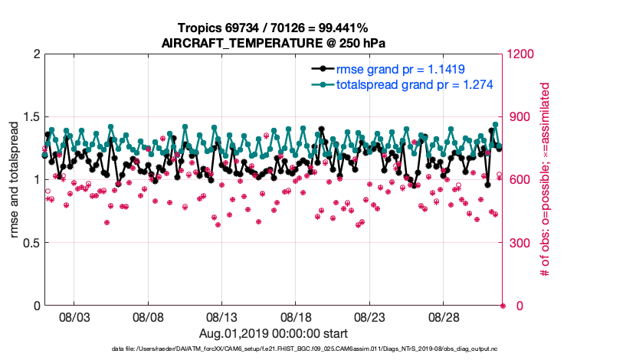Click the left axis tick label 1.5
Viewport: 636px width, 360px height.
pos(29,116)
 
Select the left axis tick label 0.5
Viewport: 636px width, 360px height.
pos(29,243)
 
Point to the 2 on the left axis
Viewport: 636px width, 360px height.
pos(35,54)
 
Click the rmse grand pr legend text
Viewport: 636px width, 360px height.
pos(400,68)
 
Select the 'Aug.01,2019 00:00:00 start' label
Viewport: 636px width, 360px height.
pos(274,333)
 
